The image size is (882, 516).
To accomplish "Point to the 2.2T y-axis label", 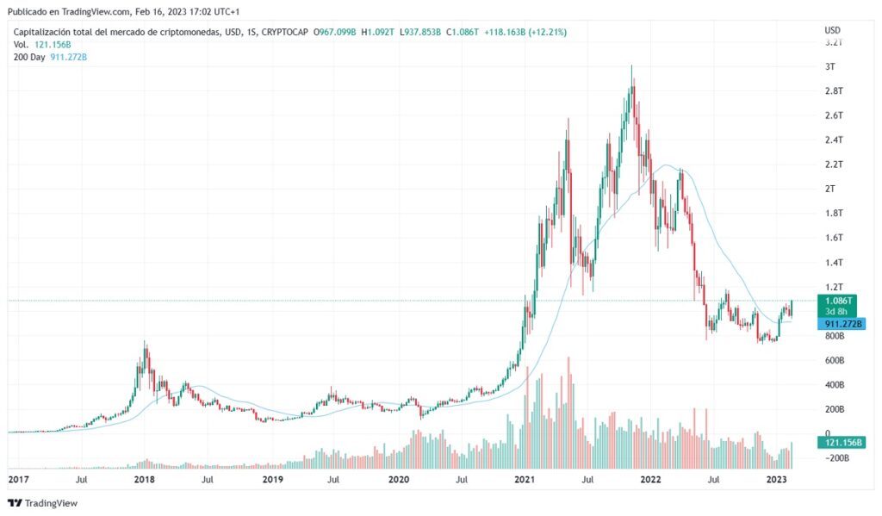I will pyautogui.click(x=834, y=164).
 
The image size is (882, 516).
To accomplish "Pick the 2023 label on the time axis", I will pyautogui.click(x=777, y=479).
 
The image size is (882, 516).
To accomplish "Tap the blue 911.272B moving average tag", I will pyautogui.click(x=843, y=324).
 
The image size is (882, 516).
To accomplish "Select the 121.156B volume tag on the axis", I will pyautogui.click(x=843, y=442).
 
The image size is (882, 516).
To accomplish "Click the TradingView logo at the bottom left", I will pyautogui.click(x=43, y=503).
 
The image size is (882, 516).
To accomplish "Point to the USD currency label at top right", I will pyautogui.click(x=832, y=31).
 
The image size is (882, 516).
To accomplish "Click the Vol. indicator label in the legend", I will pyautogui.click(x=22, y=44).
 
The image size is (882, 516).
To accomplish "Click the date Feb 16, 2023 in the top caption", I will pyautogui.click(x=169, y=11).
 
